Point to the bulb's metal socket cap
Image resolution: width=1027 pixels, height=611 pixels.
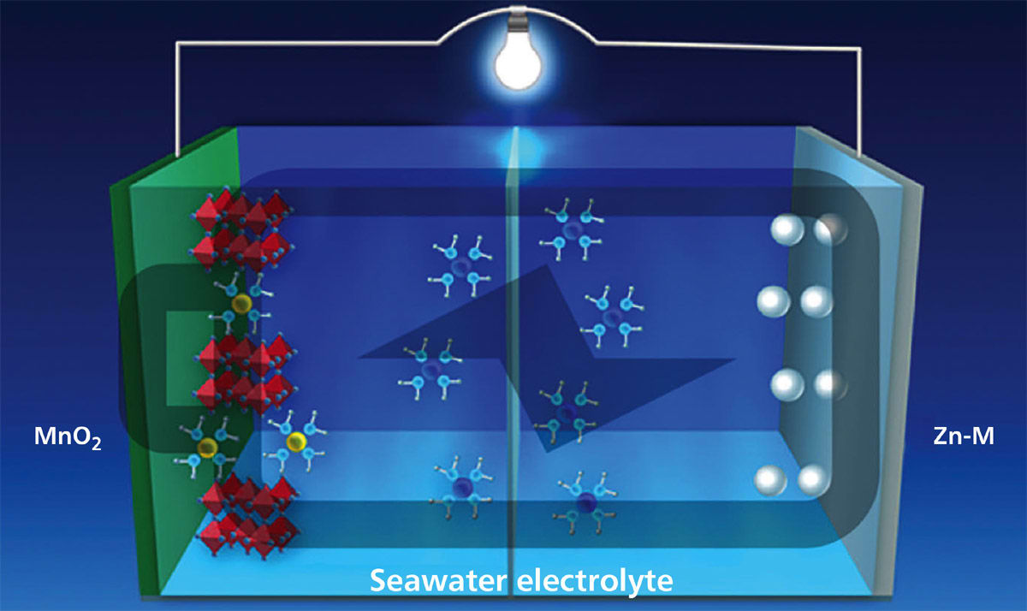click(515, 18)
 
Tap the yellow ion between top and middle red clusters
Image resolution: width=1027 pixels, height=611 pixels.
click(242, 304)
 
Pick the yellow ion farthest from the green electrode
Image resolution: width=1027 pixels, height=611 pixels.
click(296, 442)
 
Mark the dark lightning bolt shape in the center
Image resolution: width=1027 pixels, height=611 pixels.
click(548, 351)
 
